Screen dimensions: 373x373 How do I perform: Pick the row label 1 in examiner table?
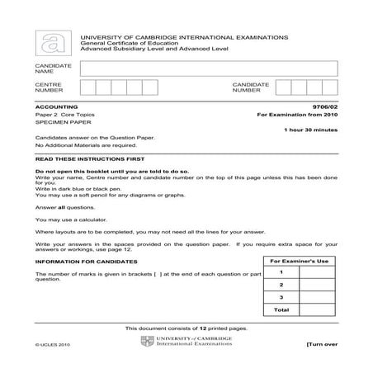tap(281, 271)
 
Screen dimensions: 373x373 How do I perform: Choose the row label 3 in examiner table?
tap(281, 296)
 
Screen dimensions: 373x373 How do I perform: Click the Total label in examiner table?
tap(281, 309)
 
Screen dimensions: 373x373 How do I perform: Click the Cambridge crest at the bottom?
tap(149, 341)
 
